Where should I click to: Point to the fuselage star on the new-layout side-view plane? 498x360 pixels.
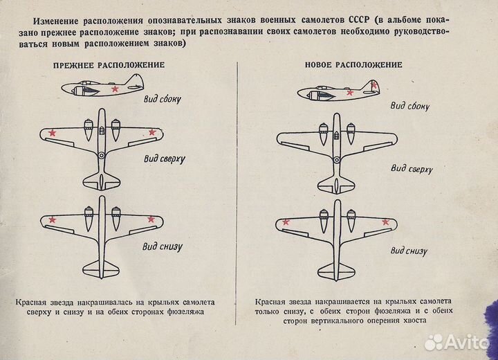(x=350, y=92)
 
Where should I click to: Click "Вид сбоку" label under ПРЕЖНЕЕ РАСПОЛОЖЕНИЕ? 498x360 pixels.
(x=163, y=99)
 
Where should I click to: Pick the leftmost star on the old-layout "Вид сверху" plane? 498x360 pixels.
(x=53, y=132)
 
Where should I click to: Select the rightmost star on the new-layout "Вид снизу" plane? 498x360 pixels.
(x=386, y=222)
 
